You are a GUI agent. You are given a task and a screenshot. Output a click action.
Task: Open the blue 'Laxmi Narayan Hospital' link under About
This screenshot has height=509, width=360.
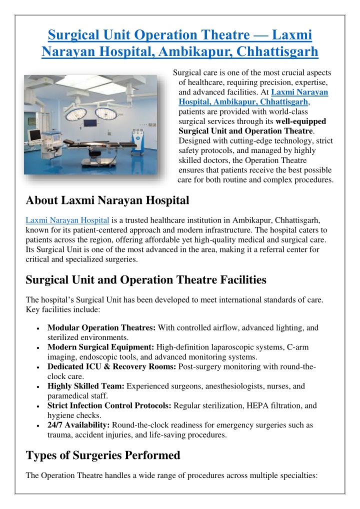(67, 220)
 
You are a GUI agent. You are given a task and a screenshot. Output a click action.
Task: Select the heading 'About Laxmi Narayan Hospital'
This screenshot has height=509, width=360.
(107, 201)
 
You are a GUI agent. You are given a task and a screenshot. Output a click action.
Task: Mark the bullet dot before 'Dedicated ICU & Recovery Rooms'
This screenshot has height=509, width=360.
(38, 367)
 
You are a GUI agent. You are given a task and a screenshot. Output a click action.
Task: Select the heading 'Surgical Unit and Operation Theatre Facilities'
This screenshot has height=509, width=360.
(145, 281)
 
